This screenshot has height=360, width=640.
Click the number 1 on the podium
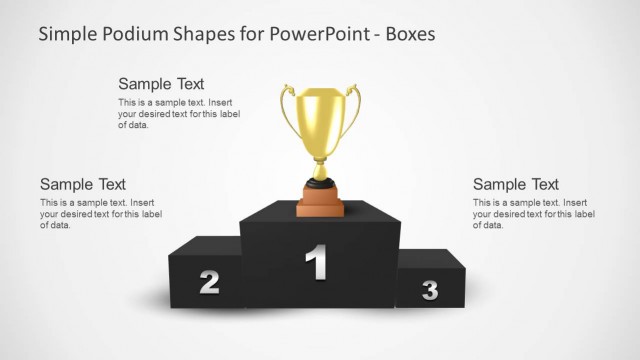coord(316,262)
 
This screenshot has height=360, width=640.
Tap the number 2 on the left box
coord(209,282)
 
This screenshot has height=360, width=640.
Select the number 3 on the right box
coord(430,290)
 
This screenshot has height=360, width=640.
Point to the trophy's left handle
coord(288,115)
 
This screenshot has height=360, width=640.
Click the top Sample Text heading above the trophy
coord(161,84)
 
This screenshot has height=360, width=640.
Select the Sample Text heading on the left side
coord(83,184)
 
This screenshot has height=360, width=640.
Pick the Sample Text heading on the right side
coord(516,184)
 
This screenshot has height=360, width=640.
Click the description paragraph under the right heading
coord(533,214)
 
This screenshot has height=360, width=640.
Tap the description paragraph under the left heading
coord(100,214)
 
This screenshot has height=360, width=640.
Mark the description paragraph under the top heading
coord(179,114)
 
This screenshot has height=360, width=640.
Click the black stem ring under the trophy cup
coord(320,183)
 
